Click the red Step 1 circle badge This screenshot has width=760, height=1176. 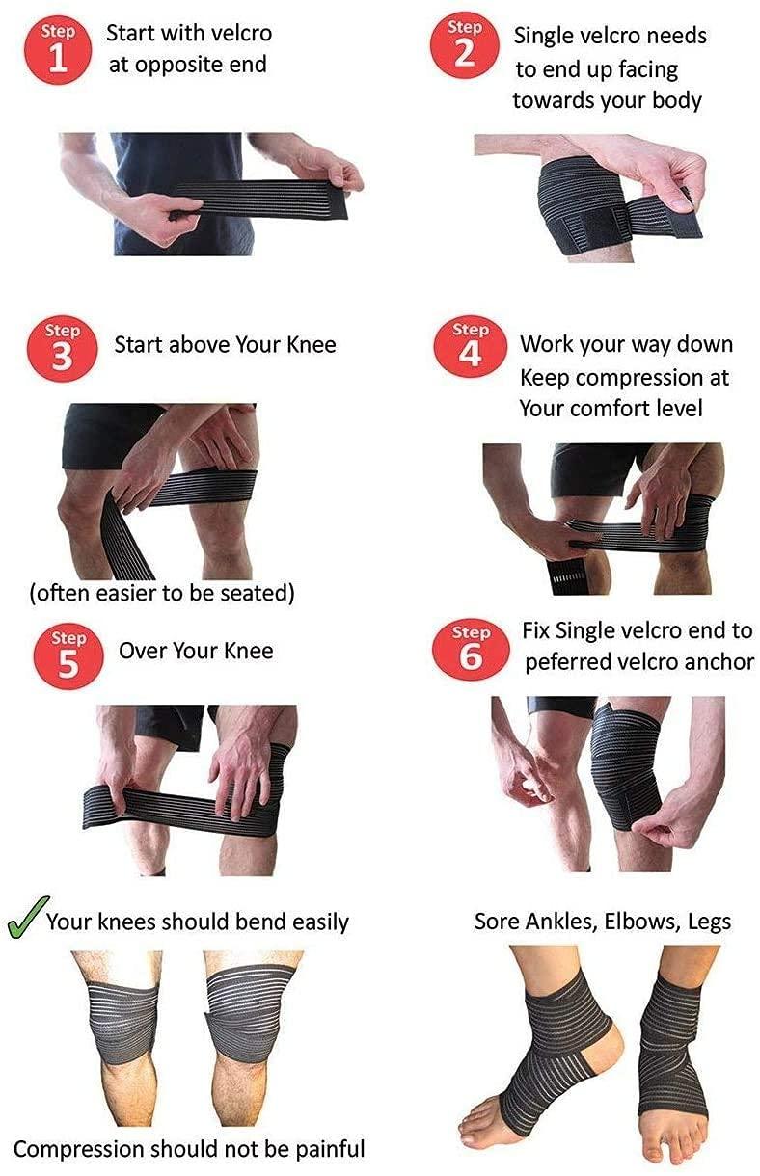(58, 48)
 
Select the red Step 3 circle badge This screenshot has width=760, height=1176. (62, 348)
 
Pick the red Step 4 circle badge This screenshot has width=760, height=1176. (470, 348)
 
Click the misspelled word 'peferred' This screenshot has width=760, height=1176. (567, 662)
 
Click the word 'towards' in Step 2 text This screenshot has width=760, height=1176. (550, 100)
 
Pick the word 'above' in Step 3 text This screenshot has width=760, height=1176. (197, 344)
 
